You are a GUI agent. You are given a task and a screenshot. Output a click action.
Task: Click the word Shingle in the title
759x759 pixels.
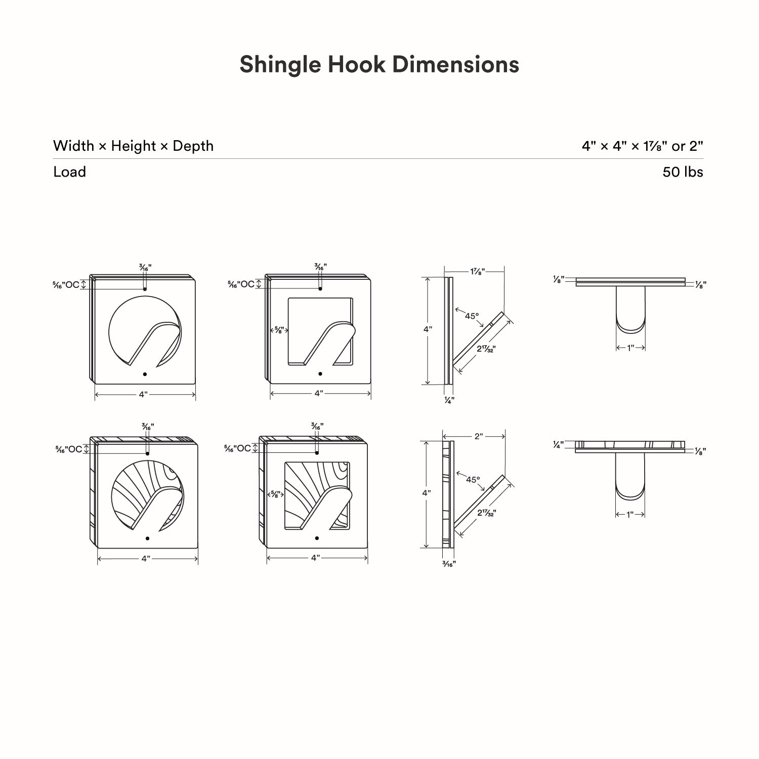point(280,65)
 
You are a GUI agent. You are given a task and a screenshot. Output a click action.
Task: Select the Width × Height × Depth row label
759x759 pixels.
point(133,146)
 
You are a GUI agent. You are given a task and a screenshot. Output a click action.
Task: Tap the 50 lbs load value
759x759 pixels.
point(683,172)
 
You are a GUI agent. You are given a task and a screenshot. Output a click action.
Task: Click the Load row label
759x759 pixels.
point(69,172)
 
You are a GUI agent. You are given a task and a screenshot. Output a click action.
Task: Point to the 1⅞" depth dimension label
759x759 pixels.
point(477,272)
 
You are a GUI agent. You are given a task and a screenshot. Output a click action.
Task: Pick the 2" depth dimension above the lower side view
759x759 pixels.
point(479,436)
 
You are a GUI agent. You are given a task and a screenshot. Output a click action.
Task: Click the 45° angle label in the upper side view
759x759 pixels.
point(472,316)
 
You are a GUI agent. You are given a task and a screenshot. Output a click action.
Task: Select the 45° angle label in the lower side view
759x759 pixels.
point(473,479)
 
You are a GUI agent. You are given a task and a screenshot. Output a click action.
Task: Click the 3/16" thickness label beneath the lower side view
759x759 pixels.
point(449,564)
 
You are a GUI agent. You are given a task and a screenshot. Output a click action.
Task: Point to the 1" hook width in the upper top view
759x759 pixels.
point(630,348)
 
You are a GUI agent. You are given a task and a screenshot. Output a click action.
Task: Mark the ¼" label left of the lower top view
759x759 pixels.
point(559,444)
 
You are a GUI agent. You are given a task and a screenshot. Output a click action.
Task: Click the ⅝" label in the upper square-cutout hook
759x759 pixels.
point(279,330)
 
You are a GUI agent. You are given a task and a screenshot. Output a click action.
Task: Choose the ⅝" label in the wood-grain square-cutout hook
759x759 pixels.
point(276,494)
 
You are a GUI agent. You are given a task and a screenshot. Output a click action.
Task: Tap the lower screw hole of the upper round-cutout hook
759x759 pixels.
point(145,374)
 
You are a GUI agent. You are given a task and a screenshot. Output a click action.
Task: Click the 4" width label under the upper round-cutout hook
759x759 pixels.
point(144,394)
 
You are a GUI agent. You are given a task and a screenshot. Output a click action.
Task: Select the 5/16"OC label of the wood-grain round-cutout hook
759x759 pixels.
point(69,449)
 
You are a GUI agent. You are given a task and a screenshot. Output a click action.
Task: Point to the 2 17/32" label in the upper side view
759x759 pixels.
point(486,349)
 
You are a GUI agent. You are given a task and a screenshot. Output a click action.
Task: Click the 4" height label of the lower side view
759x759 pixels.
point(427,492)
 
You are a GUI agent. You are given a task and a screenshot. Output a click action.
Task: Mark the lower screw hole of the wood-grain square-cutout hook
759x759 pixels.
point(317,538)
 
